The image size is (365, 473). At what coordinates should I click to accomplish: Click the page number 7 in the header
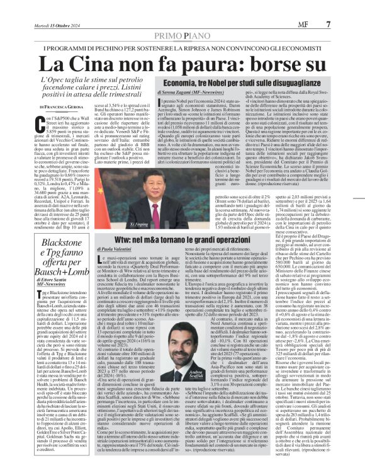click(x=345, y=6)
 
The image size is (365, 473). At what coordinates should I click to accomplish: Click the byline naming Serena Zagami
click(x=174, y=93)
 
